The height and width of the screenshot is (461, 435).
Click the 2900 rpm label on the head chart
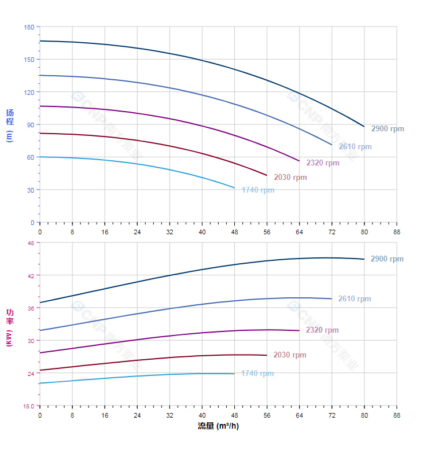[x=388, y=129]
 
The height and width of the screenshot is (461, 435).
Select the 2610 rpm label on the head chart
[x=355, y=147]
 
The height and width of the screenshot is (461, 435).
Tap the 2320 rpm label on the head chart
[x=323, y=163]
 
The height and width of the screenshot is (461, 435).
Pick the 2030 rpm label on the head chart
[x=290, y=178]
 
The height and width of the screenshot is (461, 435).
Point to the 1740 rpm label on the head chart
[x=258, y=190]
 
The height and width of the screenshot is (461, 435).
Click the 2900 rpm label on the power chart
[x=387, y=259]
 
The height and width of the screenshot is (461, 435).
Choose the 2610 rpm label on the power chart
[x=355, y=299]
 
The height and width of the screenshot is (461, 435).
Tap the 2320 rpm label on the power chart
[x=322, y=330]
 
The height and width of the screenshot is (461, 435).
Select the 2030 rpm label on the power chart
[x=290, y=355]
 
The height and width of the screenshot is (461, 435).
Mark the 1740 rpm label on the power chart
[x=257, y=374]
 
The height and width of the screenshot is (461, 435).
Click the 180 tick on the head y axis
[x=29, y=27]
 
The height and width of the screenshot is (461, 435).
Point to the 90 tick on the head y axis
[x=31, y=125]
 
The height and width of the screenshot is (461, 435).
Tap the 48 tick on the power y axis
[x=31, y=243]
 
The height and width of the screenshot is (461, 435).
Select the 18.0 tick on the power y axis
[x=28, y=406]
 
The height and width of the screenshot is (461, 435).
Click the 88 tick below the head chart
[x=397, y=232]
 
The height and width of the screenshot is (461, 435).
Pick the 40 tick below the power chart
[x=202, y=415]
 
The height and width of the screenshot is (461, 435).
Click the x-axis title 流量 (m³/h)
[x=218, y=426]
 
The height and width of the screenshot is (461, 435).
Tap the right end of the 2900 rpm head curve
[x=364, y=126]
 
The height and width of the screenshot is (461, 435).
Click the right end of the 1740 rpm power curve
[x=234, y=374]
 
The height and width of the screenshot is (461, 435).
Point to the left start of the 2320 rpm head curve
[x=40, y=106]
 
